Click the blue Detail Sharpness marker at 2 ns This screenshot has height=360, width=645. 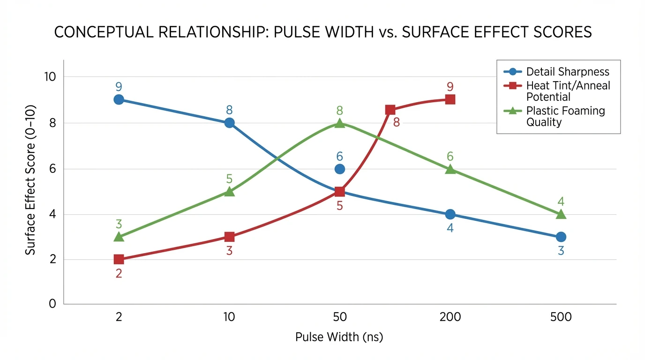coord(119,99)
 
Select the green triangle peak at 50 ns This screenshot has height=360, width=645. coord(340,123)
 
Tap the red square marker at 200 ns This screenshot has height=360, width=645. coord(450,99)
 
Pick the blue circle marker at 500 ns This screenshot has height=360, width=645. coord(561,237)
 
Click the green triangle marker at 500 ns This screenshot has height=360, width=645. coord(561,214)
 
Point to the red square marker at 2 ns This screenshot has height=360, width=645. coord(119,259)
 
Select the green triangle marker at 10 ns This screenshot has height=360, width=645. coord(229,191)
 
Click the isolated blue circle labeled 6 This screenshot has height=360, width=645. coord(340,169)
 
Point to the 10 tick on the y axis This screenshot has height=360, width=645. coord(50,76)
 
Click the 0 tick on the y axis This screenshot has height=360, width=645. coord(52,304)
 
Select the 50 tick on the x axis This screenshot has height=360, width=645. coord(340,317)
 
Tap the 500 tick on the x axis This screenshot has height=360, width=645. coord(561,317)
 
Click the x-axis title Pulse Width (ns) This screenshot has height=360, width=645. coord(339,337)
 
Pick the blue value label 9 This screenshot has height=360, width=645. coord(119,87)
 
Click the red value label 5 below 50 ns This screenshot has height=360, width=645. coord(340,206)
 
